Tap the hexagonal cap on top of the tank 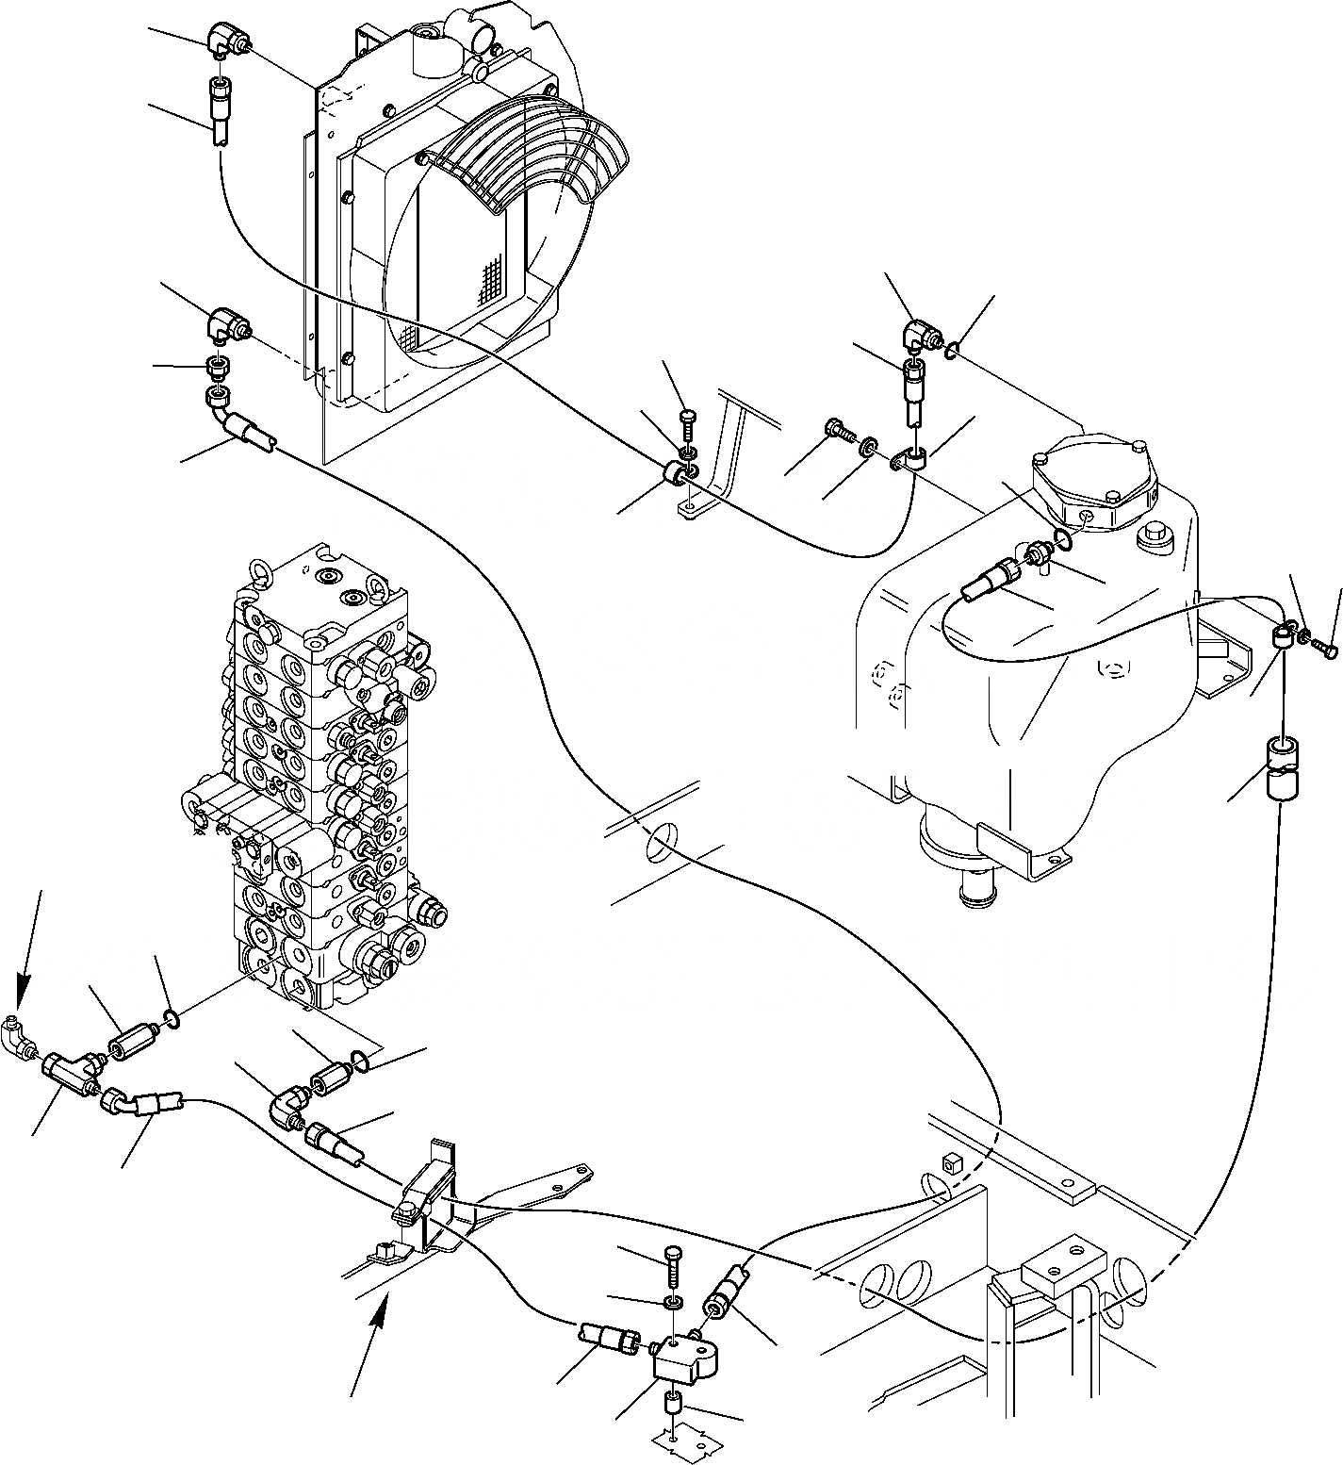(1093, 485)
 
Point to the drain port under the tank (980, 891)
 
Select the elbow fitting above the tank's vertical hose (918, 334)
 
